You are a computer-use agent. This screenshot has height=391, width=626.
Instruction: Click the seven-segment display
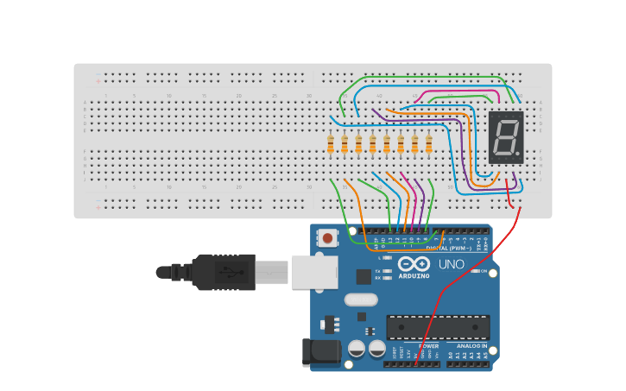[x=506, y=137]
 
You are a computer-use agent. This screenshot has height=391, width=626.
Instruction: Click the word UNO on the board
[x=452, y=264]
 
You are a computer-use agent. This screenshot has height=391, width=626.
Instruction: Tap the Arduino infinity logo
[x=414, y=264]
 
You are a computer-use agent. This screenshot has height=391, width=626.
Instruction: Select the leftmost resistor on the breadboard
[x=331, y=144]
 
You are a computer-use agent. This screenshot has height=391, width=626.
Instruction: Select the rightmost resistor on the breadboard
[x=428, y=144]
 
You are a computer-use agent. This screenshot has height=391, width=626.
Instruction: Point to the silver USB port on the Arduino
[x=314, y=271]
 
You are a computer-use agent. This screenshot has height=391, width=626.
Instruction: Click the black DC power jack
[x=316, y=352]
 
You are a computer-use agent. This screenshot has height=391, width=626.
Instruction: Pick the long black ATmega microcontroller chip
[x=438, y=327]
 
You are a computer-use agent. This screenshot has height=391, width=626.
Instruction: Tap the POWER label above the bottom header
[x=428, y=346]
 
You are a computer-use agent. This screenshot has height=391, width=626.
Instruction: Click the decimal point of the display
[x=517, y=155]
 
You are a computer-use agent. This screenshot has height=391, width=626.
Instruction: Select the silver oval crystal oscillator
[x=361, y=300]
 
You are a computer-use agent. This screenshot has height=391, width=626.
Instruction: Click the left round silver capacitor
[x=357, y=348]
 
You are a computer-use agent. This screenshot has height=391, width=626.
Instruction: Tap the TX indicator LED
[x=388, y=271]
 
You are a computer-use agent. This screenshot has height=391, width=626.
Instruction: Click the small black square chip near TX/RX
[x=364, y=276]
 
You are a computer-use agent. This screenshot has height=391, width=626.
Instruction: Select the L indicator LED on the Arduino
[x=388, y=258]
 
